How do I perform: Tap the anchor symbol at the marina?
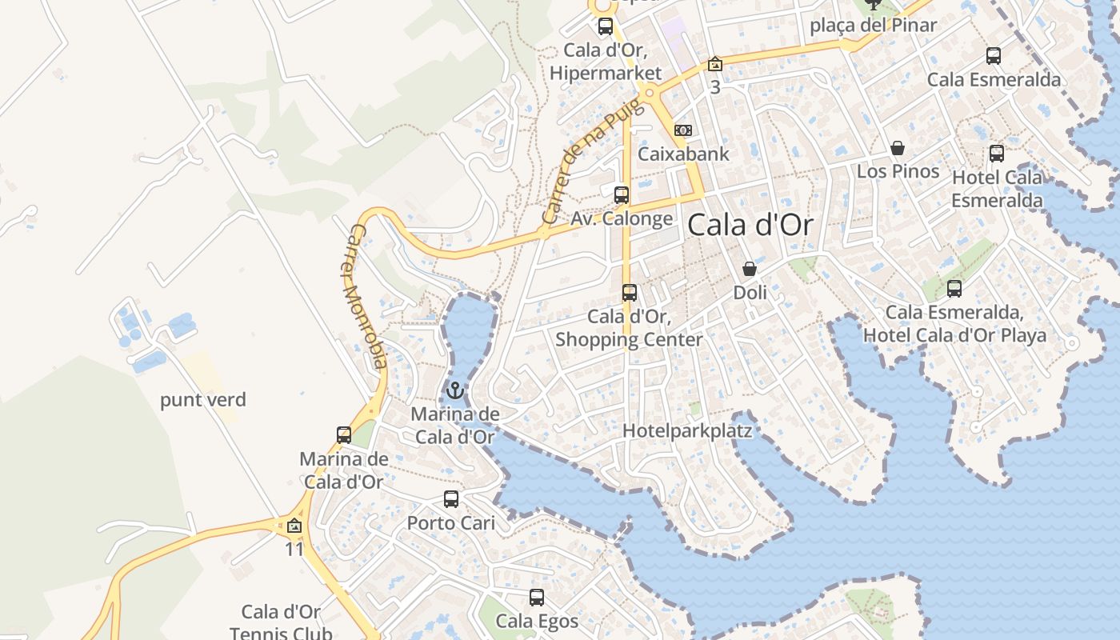(454, 390)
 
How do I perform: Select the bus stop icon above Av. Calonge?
(621, 194)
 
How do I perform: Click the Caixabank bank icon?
(682, 130)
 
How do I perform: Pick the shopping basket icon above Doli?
(750, 269)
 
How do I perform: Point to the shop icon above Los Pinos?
(898, 148)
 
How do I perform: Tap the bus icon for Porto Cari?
(451, 499)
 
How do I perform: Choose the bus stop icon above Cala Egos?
(536, 598)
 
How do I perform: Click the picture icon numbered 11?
(294, 526)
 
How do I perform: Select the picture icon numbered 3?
(714, 64)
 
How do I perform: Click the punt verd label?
(203, 400)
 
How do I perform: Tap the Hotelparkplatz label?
(687, 431)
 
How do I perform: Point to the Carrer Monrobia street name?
(368, 296)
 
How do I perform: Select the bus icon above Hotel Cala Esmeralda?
(996, 153)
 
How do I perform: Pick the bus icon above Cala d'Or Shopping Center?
(629, 293)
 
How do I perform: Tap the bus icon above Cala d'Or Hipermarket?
(605, 26)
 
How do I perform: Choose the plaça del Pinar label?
(873, 26)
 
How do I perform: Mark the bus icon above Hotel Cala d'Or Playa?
(954, 289)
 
